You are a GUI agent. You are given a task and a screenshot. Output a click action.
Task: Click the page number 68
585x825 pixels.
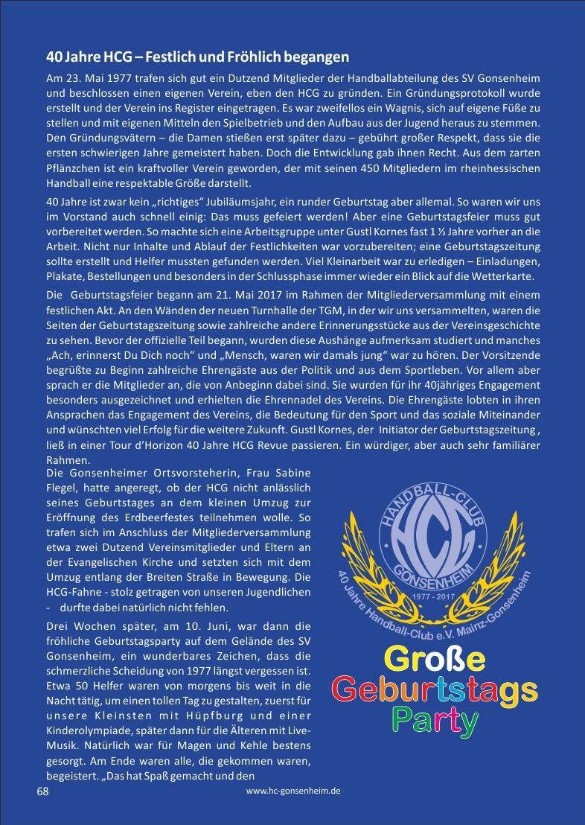[42, 791]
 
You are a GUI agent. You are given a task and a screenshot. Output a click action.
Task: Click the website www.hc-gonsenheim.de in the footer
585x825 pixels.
[293, 792]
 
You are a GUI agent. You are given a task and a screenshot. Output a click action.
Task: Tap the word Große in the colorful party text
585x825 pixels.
[435, 659]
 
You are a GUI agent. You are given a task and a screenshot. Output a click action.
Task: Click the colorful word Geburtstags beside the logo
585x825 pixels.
[435, 689]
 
